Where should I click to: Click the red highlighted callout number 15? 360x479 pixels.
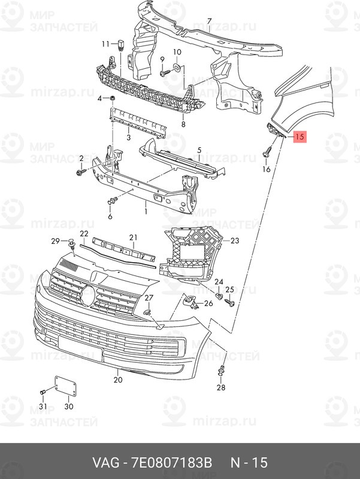coord(300,137)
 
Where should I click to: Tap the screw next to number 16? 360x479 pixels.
coord(267,152)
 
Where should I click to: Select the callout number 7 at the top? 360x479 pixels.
coord(209,22)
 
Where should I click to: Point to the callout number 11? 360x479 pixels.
coord(105,44)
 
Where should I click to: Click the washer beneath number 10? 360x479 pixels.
coord(177,66)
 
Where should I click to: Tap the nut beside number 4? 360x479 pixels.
coord(112,98)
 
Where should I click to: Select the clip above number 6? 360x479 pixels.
coord(112,201)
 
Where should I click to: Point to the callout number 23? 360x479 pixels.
coord(234,241)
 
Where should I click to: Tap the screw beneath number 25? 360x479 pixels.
coord(229,302)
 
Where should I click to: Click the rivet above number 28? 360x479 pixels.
coord(220,370)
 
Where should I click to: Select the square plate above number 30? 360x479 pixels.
coord(65,386)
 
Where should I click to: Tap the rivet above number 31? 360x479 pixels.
coord(43,392)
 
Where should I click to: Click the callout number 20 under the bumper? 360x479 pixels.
coord(118,380)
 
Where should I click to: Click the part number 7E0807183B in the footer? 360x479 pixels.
coord(171,462)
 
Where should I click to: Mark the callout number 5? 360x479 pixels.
coord(199,150)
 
